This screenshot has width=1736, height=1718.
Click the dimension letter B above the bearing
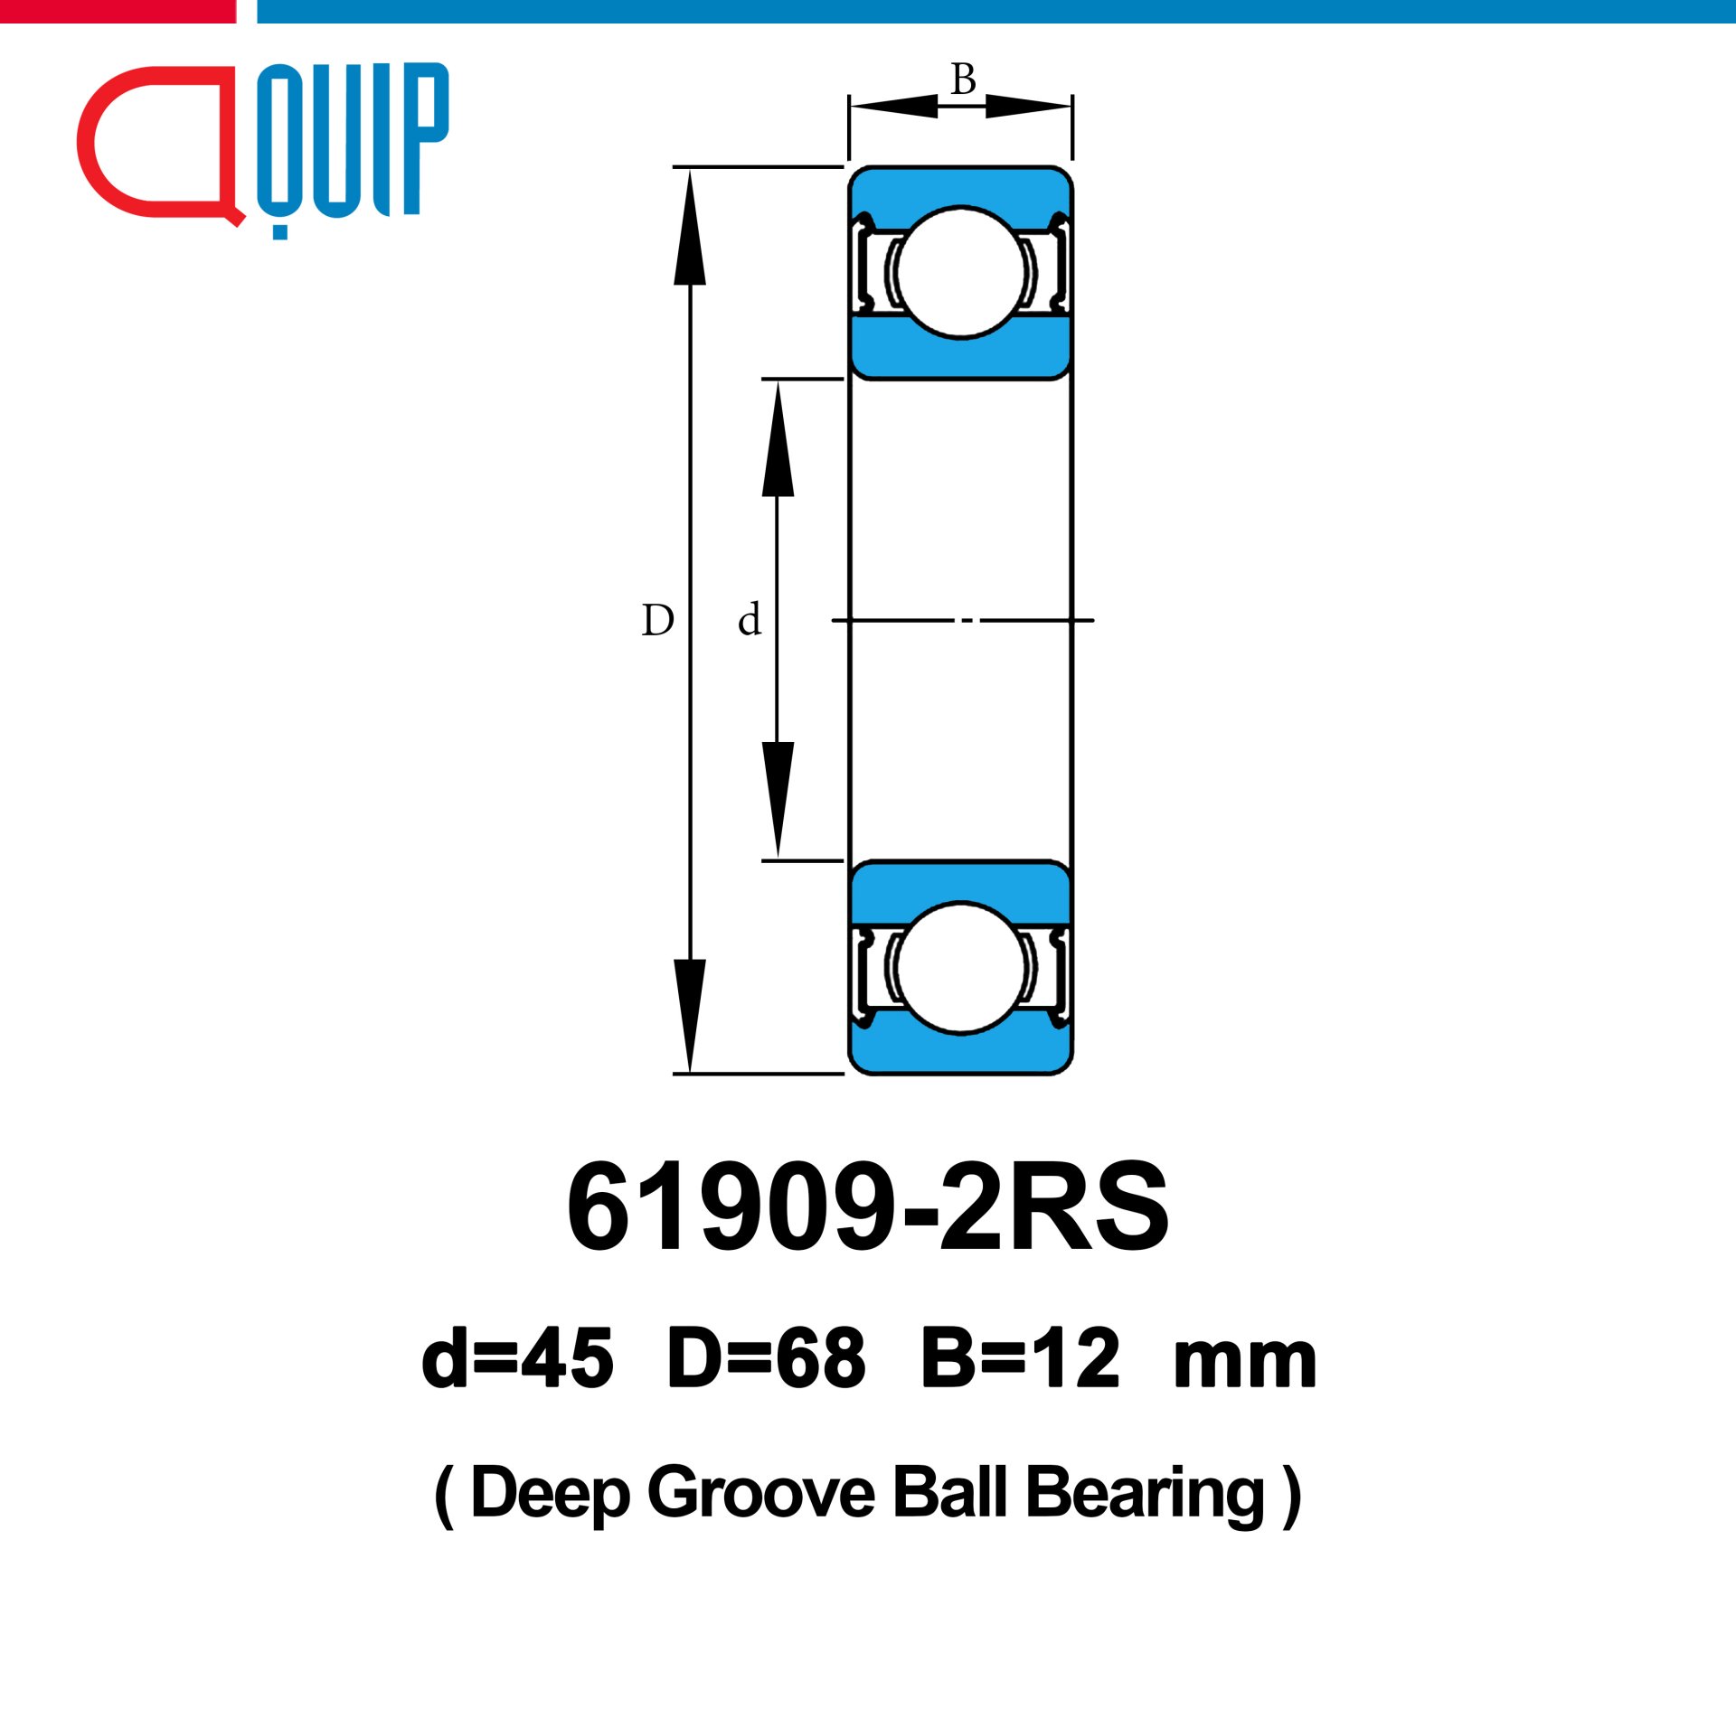963,80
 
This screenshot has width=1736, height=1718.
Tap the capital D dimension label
657,621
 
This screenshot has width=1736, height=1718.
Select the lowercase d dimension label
750,619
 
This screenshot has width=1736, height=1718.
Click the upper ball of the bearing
960,272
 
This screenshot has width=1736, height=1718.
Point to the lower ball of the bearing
960,968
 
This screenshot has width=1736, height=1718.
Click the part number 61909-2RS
868,1207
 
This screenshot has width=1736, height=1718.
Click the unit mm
1244,1365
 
